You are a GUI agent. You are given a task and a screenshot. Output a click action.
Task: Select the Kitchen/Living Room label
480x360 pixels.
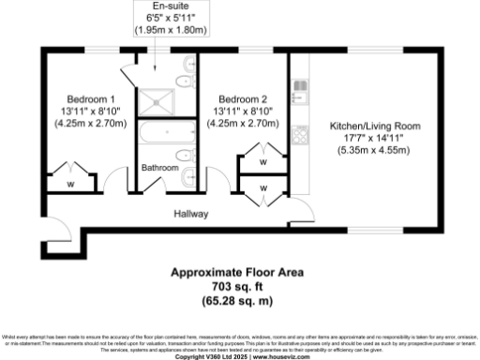coord(374,125)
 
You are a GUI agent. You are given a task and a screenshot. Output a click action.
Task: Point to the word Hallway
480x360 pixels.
coord(190,214)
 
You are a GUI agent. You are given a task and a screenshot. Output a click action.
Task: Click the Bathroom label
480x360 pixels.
coord(159,168)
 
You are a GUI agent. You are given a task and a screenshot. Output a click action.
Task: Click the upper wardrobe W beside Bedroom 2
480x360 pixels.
coord(262,161)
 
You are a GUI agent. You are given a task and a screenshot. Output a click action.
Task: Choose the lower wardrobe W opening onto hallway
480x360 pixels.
coord(262,187)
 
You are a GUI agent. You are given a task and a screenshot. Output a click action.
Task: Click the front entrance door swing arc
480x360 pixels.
coord(55,234)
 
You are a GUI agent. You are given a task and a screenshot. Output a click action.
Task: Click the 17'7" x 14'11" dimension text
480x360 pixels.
coord(374,137)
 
